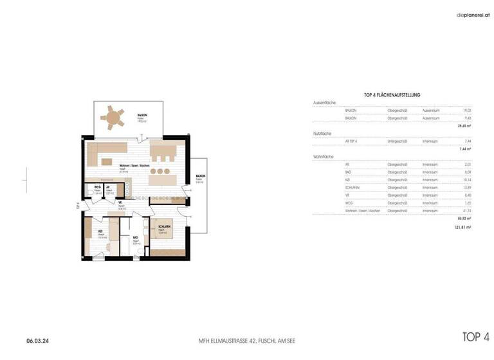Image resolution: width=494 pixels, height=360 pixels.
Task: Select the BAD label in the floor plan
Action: pyautogui.click(x=135, y=237)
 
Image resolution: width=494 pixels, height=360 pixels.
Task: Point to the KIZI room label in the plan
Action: pyautogui.click(x=100, y=231)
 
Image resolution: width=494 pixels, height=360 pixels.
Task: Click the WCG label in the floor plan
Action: pyautogui.click(x=97, y=187)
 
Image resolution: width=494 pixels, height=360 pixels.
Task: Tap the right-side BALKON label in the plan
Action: pyautogui.click(x=201, y=175)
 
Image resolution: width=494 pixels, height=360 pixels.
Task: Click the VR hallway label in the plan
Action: pyautogui.click(x=120, y=203)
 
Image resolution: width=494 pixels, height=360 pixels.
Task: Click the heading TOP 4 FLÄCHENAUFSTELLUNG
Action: pyautogui.click(x=392, y=95)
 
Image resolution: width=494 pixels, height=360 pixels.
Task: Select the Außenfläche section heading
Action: pyautogui.click(x=324, y=103)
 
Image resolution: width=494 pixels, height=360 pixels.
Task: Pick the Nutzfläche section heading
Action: pyautogui.click(x=322, y=133)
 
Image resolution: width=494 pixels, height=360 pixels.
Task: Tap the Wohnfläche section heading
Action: pyautogui.click(x=323, y=156)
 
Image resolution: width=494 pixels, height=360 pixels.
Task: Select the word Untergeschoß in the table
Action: pyautogui.click(x=398, y=141)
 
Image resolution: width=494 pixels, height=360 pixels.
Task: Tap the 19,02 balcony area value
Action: pyautogui.click(x=468, y=111)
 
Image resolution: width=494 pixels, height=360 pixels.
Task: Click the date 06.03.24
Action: pyautogui.click(x=38, y=340)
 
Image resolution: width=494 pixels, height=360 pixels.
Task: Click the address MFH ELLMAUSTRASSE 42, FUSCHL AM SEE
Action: pyautogui.click(x=248, y=340)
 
